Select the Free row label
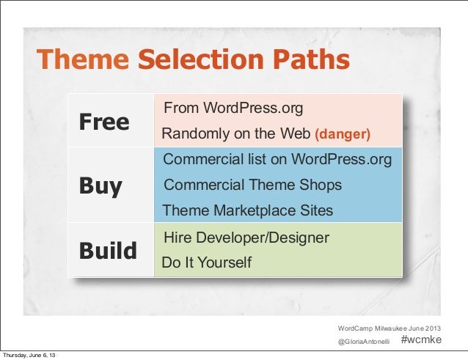tap(103, 122)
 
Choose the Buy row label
tap(100, 186)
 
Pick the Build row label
tap(108, 251)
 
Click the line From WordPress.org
tap(233, 109)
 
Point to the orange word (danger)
tap(343, 135)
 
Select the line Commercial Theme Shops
tap(252, 185)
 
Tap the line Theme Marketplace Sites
tap(247, 211)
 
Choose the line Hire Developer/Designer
tap(246, 238)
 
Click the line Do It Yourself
tap(206, 262)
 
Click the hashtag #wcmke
tap(422, 339)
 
